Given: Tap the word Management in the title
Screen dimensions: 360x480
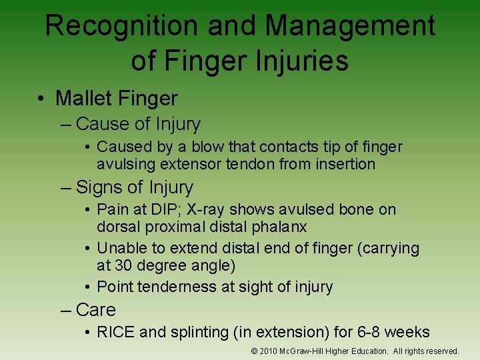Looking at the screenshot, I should [350, 26].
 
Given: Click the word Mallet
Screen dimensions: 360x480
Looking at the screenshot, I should [83, 99].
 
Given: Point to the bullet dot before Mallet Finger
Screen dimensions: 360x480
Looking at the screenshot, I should [41, 99].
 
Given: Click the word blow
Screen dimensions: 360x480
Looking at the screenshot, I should [204, 147].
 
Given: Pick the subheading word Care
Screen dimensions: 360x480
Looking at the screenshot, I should [96, 310].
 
